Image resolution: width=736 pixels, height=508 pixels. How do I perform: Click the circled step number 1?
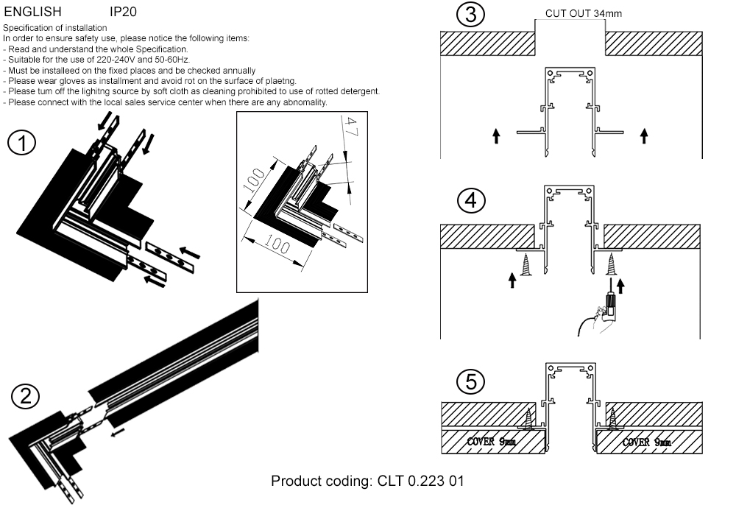coord(22,144)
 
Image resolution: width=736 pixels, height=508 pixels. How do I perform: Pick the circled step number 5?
coord(471,381)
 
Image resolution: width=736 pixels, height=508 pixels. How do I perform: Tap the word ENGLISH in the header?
coord(33,12)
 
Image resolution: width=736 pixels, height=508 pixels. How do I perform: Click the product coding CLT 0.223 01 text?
coord(367,481)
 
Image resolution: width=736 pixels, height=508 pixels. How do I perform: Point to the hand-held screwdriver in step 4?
coord(608,304)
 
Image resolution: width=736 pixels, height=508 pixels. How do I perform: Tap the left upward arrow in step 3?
coord(496,135)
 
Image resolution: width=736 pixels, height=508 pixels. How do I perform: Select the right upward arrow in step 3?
coord(644,135)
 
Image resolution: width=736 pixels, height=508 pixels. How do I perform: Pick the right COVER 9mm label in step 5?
coord(646,442)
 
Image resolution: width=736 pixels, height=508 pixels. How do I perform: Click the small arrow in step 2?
coord(116,434)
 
